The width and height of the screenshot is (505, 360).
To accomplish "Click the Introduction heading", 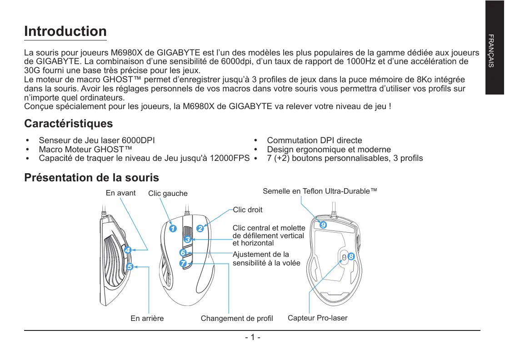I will coord(65,31).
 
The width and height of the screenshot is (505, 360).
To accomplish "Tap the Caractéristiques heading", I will coord(68,124).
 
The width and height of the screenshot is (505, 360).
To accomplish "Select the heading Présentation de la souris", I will coord(91,177).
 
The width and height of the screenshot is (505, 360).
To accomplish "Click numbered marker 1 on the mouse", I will coord(172,228).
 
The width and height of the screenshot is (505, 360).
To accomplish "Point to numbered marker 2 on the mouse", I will coord(200,228).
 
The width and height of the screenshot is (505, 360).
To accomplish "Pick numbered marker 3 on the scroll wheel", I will coord(187,239).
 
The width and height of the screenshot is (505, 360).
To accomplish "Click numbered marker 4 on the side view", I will coord(128,250).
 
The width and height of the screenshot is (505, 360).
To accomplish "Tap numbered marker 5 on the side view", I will coord(130,267).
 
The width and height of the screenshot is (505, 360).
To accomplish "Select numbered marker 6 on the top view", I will coord(183,252).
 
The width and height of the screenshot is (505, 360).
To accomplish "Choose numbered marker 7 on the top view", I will coord(183,263).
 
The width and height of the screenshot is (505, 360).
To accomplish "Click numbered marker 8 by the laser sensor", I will coord(351,257).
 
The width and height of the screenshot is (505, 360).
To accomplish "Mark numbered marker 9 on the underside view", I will coord(322,225).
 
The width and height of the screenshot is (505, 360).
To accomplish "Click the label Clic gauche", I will coord(168,194).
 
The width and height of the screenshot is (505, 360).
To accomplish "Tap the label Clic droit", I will coord(247,210).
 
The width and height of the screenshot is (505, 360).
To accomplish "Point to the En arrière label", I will coord(147,319).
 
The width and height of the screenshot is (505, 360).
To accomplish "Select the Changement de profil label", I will coord(237,319).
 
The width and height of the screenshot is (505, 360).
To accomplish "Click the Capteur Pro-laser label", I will coord(317,318).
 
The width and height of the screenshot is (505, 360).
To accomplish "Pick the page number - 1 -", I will coord(252,338).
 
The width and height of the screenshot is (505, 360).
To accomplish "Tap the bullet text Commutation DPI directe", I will coord(315,140).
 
